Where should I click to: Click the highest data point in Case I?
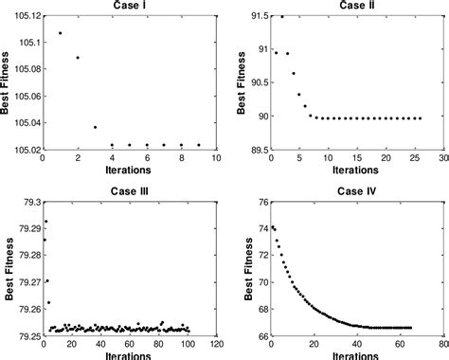(60, 33)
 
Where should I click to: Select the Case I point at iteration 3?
(95, 127)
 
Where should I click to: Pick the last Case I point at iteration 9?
(199, 145)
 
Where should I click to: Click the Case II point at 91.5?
(281, 17)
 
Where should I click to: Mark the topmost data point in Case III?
(45, 222)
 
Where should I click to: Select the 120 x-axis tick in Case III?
(216, 345)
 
